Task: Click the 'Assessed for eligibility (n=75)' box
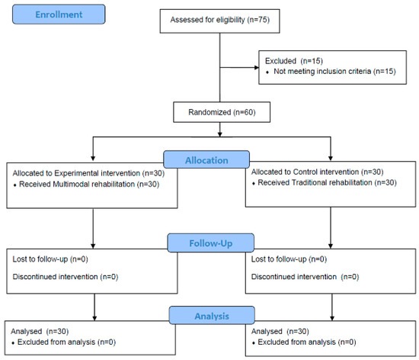click(219, 21)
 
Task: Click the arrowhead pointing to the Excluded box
click(255, 67)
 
